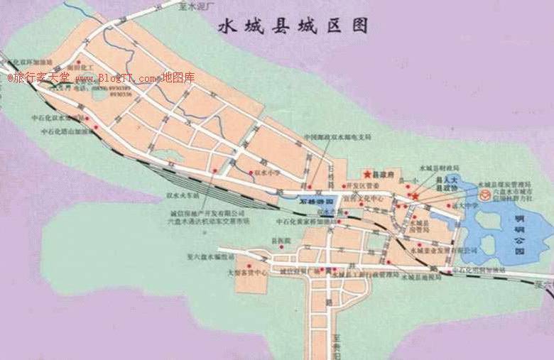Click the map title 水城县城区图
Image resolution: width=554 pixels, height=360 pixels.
click(293, 27)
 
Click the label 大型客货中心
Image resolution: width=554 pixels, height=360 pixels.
click(247, 272)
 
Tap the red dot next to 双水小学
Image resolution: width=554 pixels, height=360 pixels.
click(251, 173)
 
